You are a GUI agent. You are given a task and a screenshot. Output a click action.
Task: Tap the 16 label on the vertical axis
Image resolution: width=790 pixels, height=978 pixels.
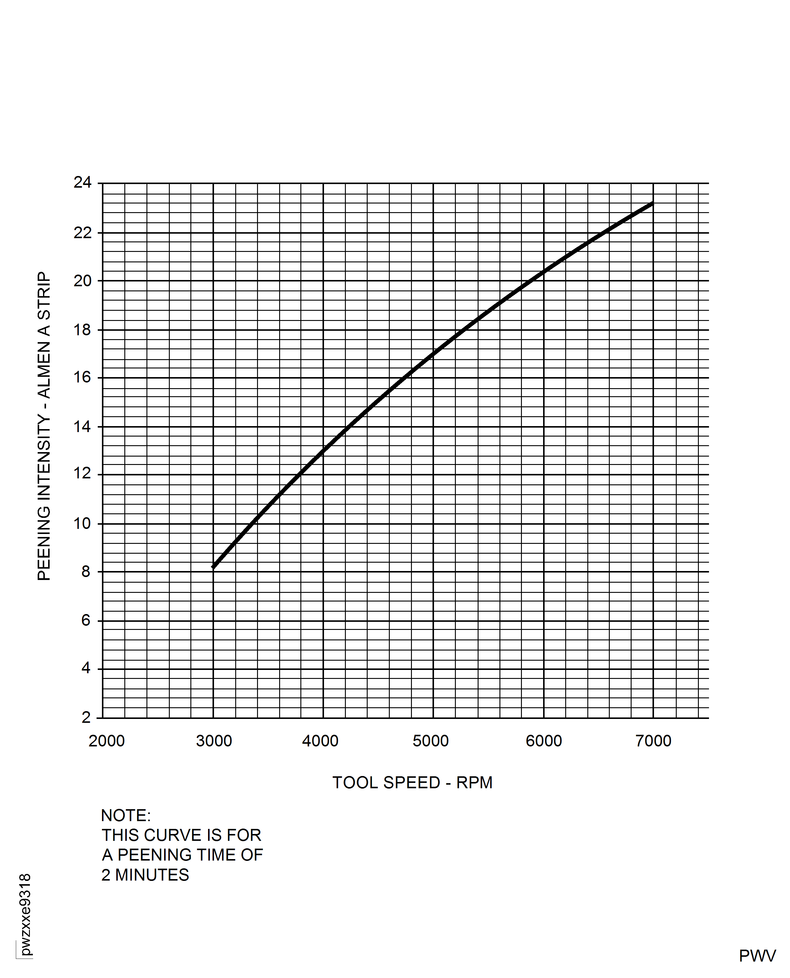point(82,377)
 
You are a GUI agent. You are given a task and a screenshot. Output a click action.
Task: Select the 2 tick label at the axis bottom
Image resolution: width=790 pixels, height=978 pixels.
point(86,717)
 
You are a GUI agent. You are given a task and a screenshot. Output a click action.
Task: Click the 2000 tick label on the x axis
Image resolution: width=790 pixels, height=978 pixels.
point(106,741)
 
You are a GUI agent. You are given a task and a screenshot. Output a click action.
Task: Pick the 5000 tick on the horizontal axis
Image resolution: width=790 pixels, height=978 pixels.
point(430,741)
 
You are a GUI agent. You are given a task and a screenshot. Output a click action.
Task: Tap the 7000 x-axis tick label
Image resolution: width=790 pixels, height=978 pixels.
point(653,741)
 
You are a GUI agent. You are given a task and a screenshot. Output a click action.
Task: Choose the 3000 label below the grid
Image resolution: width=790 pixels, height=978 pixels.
point(214,741)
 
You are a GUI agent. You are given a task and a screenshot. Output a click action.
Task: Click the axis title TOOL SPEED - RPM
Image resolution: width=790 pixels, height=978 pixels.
point(412,782)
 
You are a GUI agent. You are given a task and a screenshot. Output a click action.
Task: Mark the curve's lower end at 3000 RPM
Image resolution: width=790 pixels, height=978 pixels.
point(213,567)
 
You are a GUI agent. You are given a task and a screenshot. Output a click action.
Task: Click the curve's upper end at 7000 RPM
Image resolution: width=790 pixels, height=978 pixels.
point(653,203)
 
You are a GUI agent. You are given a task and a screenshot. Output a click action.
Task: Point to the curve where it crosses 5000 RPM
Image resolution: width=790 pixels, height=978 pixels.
point(433,353)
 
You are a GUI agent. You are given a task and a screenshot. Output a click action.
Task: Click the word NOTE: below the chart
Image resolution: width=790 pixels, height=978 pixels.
point(126,816)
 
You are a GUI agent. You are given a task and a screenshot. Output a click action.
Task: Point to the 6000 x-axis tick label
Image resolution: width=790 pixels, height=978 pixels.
point(543,741)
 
